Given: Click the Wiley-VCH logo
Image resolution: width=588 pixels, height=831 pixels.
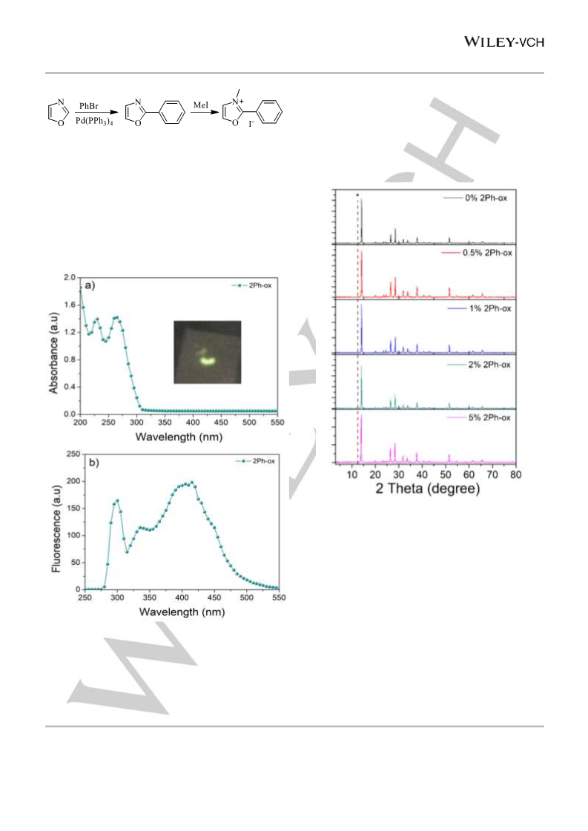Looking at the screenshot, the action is pyautogui.click(x=504, y=42).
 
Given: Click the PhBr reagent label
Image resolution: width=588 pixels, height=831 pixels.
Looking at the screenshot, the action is pyautogui.click(x=88, y=106).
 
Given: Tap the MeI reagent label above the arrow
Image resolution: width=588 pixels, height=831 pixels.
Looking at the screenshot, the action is pyautogui.click(x=201, y=105).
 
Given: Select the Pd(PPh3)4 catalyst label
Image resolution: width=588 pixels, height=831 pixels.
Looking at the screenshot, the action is pyautogui.click(x=94, y=122).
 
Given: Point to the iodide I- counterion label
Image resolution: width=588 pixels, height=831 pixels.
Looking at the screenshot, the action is pyautogui.click(x=251, y=124).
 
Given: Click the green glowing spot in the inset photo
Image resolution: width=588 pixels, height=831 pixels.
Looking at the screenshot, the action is pyautogui.click(x=206, y=361).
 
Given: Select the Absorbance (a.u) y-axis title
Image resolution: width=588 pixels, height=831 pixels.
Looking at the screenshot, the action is pyautogui.click(x=53, y=352).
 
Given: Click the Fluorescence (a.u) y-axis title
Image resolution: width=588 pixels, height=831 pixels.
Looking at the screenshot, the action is pyautogui.click(x=56, y=529).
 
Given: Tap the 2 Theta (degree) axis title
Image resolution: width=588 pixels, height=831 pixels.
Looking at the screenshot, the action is pyautogui.click(x=427, y=488).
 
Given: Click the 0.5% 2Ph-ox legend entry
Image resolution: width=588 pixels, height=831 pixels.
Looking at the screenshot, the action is pyautogui.click(x=478, y=253).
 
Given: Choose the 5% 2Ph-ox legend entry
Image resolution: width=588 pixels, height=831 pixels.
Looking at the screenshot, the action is pyautogui.click(x=479, y=417).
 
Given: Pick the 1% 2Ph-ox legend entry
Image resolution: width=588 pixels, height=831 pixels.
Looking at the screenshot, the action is pyautogui.click(x=479, y=308).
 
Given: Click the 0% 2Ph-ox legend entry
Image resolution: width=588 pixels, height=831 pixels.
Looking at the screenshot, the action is pyautogui.click(x=475, y=198).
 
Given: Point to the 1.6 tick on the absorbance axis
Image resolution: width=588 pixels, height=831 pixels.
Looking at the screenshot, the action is pyautogui.click(x=70, y=305).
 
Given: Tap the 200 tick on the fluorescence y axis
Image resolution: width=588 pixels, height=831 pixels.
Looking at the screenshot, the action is pyautogui.click(x=73, y=481).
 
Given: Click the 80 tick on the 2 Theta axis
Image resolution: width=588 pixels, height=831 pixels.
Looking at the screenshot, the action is pyautogui.click(x=515, y=474).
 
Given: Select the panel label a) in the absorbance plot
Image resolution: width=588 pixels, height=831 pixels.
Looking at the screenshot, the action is pyautogui.click(x=90, y=285).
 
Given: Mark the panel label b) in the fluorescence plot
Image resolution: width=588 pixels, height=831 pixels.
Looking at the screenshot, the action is pyautogui.click(x=94, y=463).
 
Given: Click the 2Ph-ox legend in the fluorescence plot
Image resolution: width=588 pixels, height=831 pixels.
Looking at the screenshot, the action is pyautogui.click(x=255, y=461).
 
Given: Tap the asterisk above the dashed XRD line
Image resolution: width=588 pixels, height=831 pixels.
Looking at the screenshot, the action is pyautogui.click(x=357, y=196).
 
